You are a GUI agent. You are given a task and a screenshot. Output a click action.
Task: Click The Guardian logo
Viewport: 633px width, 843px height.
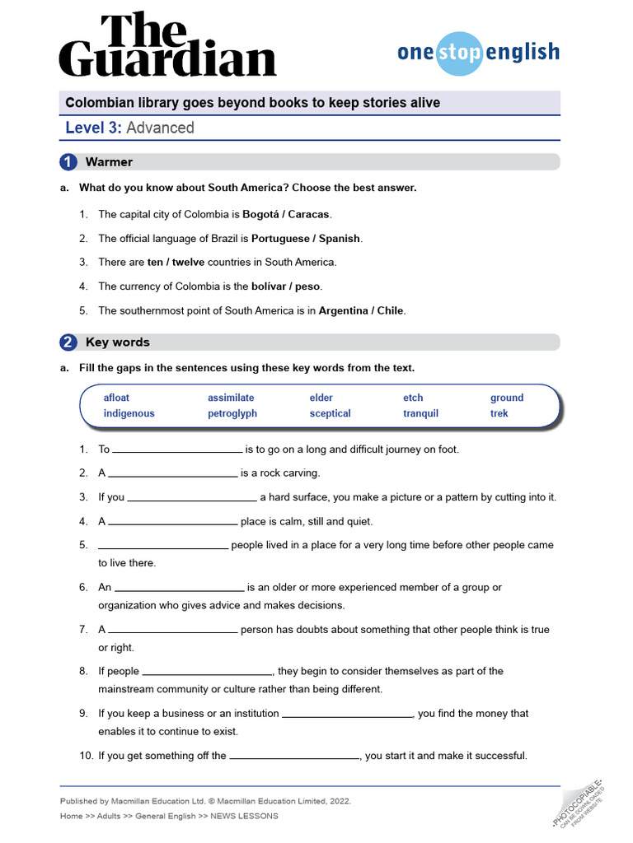(167, 45)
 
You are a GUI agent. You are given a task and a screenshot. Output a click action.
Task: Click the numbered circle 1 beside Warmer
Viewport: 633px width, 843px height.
(69, 162)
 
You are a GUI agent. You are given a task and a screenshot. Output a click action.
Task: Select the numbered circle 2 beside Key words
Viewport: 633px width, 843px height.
(69, 342)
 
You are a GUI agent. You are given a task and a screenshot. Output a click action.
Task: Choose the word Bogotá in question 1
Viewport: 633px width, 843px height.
(261, 214)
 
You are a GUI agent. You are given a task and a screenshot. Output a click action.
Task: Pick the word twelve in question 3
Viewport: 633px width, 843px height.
(188, 263)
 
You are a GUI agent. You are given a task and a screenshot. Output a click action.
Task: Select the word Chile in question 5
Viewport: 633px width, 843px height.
(390, 311)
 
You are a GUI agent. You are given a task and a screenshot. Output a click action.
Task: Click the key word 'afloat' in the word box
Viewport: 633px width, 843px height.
(116, 398)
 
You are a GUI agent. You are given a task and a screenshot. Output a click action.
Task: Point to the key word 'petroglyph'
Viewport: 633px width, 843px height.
(232, 414)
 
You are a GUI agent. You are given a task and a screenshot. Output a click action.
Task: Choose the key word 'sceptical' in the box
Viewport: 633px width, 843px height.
(330, 414)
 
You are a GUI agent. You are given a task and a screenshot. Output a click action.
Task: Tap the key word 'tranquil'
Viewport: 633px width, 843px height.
(420, 414)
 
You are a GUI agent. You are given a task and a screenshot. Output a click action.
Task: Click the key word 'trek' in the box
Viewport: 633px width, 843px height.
(499, 414)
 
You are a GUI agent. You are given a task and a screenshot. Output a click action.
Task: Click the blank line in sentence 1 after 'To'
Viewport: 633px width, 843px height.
(177, 450)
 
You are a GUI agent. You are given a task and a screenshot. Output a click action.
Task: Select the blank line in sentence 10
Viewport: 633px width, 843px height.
(294, 757)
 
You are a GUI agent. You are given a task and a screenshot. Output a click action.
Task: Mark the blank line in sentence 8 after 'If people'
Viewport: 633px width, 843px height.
(208, 672)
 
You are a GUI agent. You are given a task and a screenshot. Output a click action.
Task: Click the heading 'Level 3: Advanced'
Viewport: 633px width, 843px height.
(130, 128)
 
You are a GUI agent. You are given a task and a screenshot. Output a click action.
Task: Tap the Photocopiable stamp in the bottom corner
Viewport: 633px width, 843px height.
(579, 802)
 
